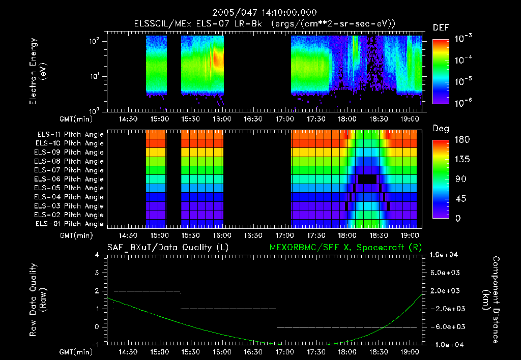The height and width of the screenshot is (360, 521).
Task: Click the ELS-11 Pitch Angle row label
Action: coord(70,134)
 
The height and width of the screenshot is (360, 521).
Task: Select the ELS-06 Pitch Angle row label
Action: coord(70,179)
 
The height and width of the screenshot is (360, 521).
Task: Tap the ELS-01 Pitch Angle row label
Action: coord(70,224)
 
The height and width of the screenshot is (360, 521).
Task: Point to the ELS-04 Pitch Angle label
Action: coord(70,197)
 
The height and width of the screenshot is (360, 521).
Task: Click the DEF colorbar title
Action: coord(441,28)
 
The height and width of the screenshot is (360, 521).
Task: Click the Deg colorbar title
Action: coord(441,129)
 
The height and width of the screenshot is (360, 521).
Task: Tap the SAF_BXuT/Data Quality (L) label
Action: coord(167,247)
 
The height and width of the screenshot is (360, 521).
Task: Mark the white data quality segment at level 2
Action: coord(147,291)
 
